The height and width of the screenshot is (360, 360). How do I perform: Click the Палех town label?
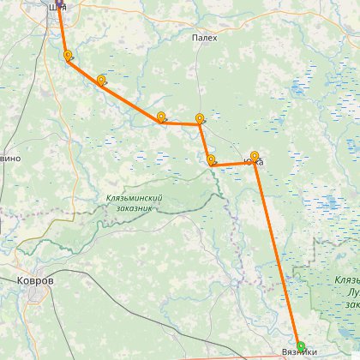pos(205,38)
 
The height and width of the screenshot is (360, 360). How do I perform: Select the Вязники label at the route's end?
pos(299,353)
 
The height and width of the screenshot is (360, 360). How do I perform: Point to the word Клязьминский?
pos(133,198)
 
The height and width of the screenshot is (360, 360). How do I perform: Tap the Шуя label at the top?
pos(57,8)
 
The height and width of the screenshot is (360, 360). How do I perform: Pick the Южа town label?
pos(256,161)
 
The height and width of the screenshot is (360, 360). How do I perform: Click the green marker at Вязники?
pos(300,345)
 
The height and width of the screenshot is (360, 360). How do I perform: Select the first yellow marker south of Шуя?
pos(68,56)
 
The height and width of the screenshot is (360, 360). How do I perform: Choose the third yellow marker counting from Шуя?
pos(160,117)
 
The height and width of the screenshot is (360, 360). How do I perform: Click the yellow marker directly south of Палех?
pos(200,118)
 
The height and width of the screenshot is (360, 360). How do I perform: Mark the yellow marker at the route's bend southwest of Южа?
pos(211,159)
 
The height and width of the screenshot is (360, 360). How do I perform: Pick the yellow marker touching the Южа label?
pos(254,156)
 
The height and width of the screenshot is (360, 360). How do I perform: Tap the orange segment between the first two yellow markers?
pos(84,71)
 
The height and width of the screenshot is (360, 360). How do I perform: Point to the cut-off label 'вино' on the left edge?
pos(9,159)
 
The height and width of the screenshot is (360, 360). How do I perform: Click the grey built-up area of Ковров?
pos(39,296)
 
